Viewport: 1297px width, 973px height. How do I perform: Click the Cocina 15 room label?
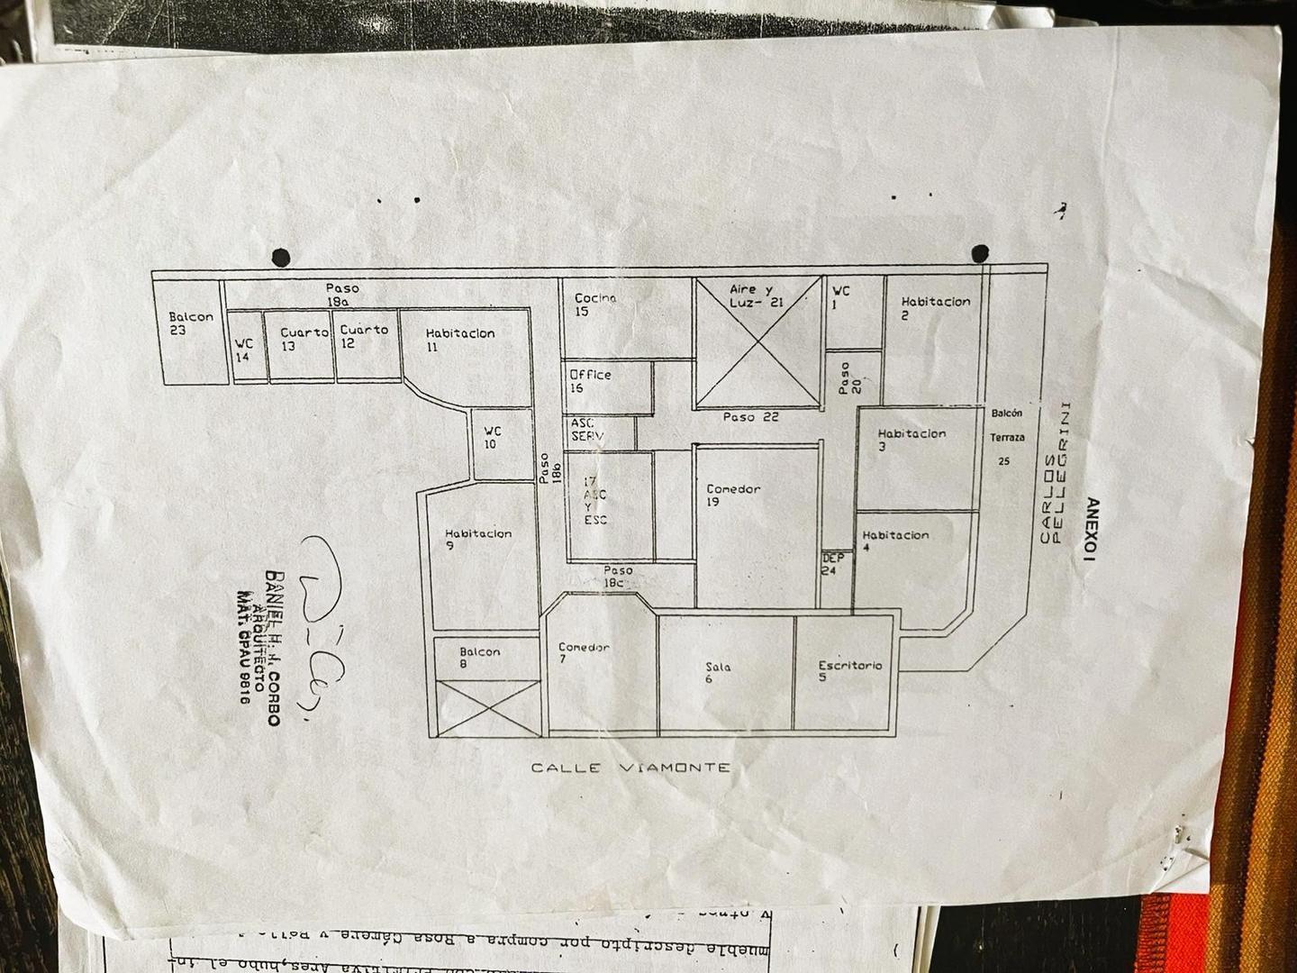coord(595,305)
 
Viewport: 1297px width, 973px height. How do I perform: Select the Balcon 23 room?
coord(191,323)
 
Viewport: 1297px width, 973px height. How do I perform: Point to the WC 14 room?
coord(243,350)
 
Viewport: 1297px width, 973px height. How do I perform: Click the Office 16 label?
coord(590,381)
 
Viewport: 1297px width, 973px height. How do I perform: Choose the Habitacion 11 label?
coord(459,340)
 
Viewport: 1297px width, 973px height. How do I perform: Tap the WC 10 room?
coord(491,438)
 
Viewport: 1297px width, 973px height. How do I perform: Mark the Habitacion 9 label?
coord(477,539)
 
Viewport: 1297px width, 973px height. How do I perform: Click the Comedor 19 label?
coord(732,496)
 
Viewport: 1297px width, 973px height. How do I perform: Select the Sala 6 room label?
coord(718,672)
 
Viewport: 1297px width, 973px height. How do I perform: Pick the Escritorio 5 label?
coord(849,671)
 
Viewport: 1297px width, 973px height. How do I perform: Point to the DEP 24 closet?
coord(832,564)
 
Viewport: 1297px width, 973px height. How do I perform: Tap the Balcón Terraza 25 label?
coord(1006,437)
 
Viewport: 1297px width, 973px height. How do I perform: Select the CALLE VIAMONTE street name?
coord(630,768)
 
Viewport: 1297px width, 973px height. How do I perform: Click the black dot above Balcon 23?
coord(281,257)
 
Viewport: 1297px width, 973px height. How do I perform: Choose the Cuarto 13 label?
coord(304,339)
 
